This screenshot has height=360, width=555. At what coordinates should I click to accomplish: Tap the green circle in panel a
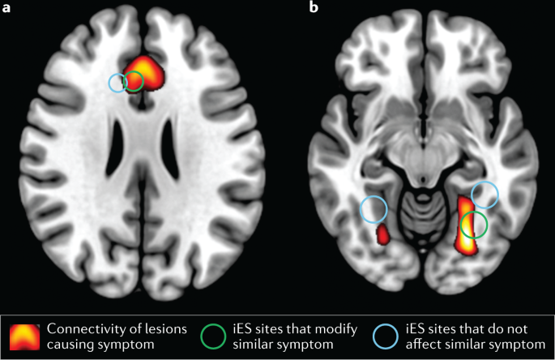coord(134,80)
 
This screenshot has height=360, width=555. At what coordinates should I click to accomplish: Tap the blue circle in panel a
coord(119,82)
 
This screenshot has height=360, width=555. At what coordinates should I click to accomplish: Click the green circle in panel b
coord(474,225)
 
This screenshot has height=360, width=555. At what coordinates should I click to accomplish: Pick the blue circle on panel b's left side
coord(374,210)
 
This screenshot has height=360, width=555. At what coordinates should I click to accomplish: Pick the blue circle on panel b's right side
coord(485,194)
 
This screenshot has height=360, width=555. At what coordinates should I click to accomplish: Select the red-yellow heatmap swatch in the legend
coord(25,335)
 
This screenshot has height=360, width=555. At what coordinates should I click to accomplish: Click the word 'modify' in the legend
coord(322,328)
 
